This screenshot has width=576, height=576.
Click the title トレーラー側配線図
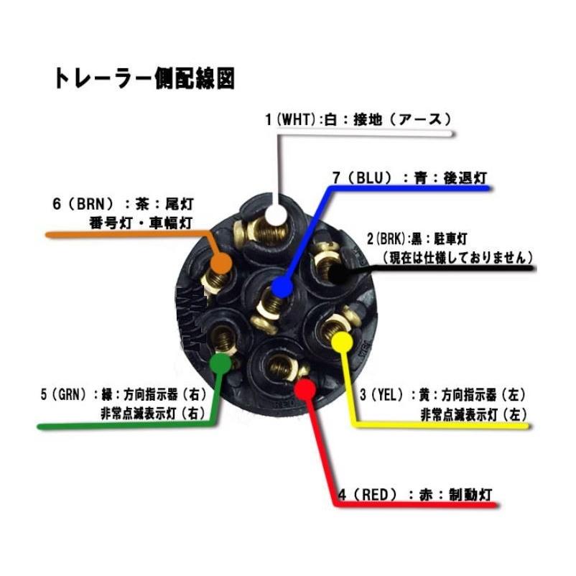[x=144, y=78]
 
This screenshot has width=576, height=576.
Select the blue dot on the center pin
[x=282, y=288]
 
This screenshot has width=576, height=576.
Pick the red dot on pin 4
[x=305, y=389]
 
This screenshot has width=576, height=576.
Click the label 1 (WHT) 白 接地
[x=357, y=119]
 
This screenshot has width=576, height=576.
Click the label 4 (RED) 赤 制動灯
[x=414, y=494]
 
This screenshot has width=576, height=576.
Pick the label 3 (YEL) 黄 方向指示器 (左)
[x=443, y=394]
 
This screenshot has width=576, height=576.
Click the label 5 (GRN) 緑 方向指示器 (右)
[x=123, y=394]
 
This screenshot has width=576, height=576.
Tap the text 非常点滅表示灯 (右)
[x=153, y=413]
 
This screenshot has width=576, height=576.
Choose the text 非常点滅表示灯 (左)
[x=474, y=414]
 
